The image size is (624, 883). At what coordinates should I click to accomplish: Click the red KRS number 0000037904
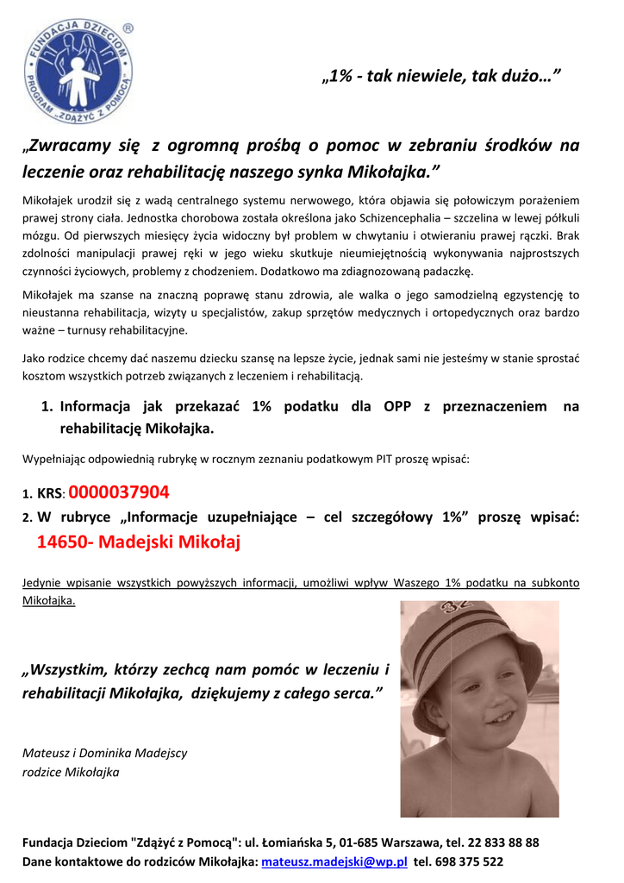pyautogui.click(x=119, y=492)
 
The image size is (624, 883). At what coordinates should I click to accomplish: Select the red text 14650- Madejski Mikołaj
pyautogui.click(x=138, y=542)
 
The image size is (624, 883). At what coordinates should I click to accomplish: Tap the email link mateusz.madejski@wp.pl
pyautogui.click(x=334, y=861)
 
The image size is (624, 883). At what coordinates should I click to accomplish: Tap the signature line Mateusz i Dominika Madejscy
pyautogui.click(x=104, y=753)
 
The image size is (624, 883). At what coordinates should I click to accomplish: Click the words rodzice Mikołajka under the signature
pyautogui.click(x=71, y=772)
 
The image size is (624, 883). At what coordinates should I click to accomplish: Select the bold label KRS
pyautogui.click(x=50, y=495)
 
